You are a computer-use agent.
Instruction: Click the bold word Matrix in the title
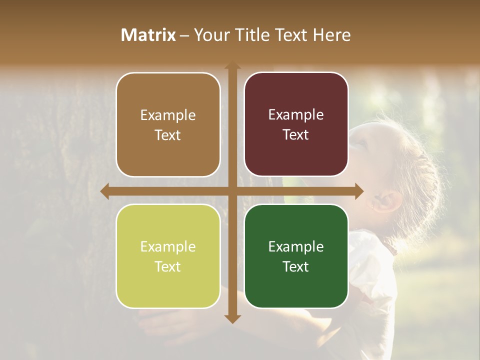pyautogui.click(x=148, y=35)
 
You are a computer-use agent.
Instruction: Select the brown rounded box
pyautogui.click(x=168, y=125)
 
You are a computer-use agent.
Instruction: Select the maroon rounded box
pyautogui.click(x=296, y=124)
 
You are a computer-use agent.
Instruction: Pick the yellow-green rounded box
pyautogui.click(x=168, y=256)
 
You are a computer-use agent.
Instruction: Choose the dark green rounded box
pyautogui.click(x=296, y=256)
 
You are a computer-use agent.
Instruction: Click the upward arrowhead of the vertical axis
pyautogui.click(x=232, y=66)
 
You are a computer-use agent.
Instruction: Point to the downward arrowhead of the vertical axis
pyautogui.click(x=232, y=318)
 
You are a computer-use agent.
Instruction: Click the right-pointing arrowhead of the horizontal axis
pyautogui.click(x=358, y=191)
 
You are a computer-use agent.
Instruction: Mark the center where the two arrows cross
pyautogui.click(x=232, y=191)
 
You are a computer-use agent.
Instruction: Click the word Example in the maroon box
pyautogui.click(x=296, y=115)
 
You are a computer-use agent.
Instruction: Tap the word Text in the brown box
pyautogui.click(x=168, y=135)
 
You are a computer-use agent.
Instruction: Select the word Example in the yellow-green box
pyautogui.click(x=168, y=246)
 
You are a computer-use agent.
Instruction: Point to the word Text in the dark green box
pyautogui.click(x=296, y=267)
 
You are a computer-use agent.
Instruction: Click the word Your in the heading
pyautogui.click(x=210, y=35)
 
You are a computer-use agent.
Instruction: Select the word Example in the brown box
pyautogui.click(x=168, y=115)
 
